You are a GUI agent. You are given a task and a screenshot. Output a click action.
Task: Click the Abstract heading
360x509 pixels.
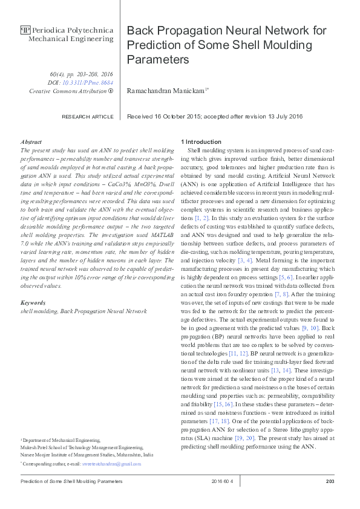coord(31,141)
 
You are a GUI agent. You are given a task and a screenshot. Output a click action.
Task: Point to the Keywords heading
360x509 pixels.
coord(33,302)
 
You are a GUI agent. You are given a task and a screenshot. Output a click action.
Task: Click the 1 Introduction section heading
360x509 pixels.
coord(201,141)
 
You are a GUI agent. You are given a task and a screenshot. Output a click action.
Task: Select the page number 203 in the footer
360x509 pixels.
coord(330,481)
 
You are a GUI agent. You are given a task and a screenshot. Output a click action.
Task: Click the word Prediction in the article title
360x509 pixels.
coord(150,45)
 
